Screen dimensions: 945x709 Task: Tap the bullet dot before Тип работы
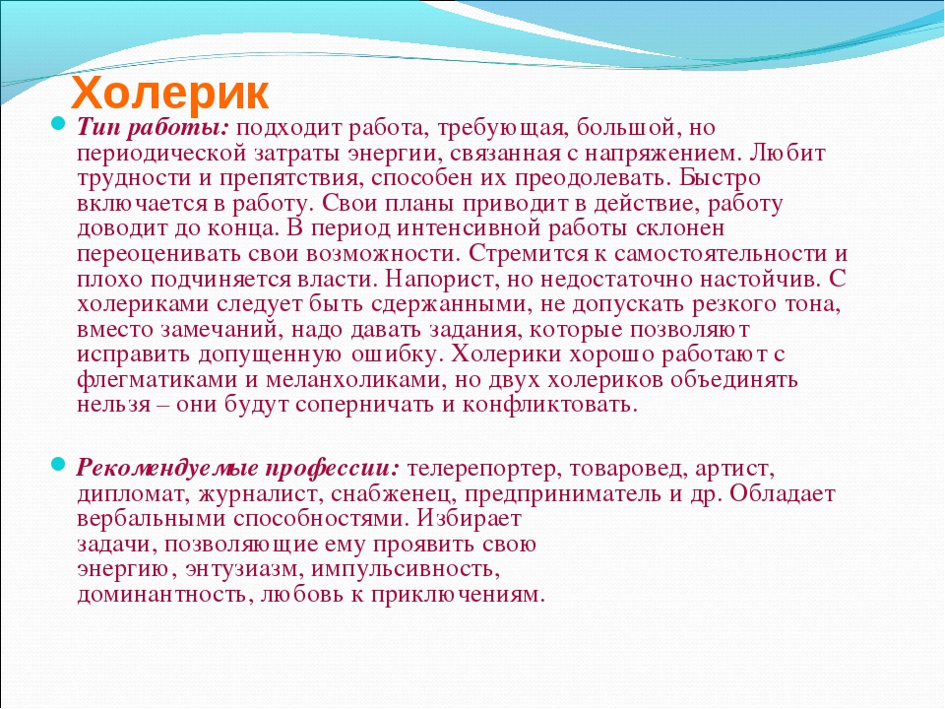58,124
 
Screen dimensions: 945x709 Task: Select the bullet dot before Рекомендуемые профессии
58,464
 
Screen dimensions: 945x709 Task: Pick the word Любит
787,154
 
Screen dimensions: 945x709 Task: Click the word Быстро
721,178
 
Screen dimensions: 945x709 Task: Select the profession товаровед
627,469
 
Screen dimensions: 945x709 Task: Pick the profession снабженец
392,494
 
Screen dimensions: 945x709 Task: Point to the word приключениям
458,595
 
